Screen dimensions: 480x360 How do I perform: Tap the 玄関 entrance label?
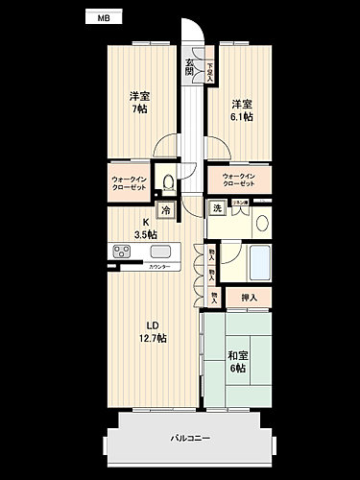(x=190, y=67)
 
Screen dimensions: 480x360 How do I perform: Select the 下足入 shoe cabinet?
(x=209, y=72)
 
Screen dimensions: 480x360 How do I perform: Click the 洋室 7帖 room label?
(x=139, y=103)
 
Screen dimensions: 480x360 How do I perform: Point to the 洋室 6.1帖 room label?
(x=241, y=109)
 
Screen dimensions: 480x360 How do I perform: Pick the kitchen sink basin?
(x=160, y=252)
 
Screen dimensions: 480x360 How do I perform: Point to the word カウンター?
(x=158, y=267)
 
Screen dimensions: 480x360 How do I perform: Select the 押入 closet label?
(x=250, y=300)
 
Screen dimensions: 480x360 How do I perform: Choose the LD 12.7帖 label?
(x=153, y=331)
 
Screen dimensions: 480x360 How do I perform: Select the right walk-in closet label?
(x=239, y=180)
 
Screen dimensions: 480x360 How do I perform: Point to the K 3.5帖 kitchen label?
(x=145, y=228)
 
